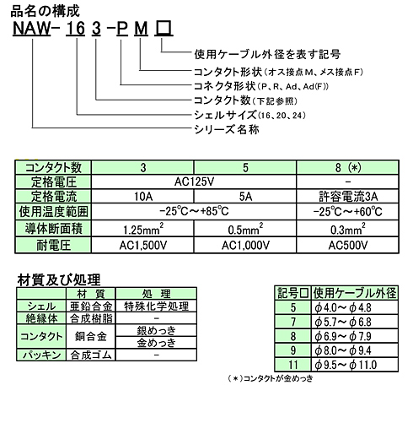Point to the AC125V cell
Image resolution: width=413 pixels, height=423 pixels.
(194, 180)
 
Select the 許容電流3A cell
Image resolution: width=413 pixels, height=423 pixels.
(348, 195)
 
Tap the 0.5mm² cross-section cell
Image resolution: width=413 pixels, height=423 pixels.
(245, 227)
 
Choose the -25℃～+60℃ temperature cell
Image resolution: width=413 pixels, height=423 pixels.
(348, 211)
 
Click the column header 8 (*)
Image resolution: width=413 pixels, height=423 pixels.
(348, 165)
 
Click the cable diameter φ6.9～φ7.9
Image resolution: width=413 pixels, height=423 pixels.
(354, 334)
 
